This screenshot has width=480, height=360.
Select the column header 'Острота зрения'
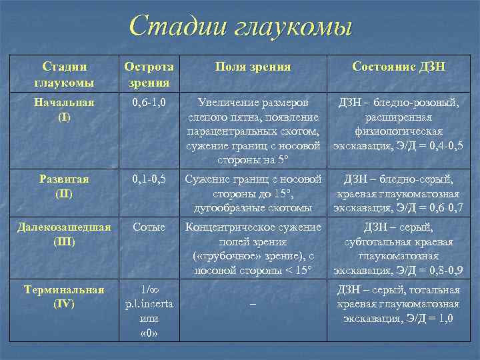pyautogui.click(x=149, y=74)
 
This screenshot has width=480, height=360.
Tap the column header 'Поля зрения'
pyautogui.click(x=253, y=67)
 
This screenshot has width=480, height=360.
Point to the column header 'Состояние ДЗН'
pyautogui.click(x=399, y=67)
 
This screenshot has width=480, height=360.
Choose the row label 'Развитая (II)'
pyautogui.click(x=64, y=186)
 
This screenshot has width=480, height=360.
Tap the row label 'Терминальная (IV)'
pyautogui.click(x=64, y=297)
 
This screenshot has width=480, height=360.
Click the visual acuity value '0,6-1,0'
pyautogui.click(x=149, y=103)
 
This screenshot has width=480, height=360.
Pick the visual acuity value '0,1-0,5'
pyautogui.click(x=149, y=179)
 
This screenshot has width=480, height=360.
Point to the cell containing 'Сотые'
pyautogui.click(x=149, y=227)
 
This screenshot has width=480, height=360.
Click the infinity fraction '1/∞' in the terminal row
pyautogui.click(x=149, y=290)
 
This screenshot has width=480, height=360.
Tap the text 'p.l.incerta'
pyautogui.click(x=149, y=304)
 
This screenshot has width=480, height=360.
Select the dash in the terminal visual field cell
pyautogui.click(x=253, y=304)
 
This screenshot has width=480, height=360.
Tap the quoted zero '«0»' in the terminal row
pyautogui.click(x=149, y=333)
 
